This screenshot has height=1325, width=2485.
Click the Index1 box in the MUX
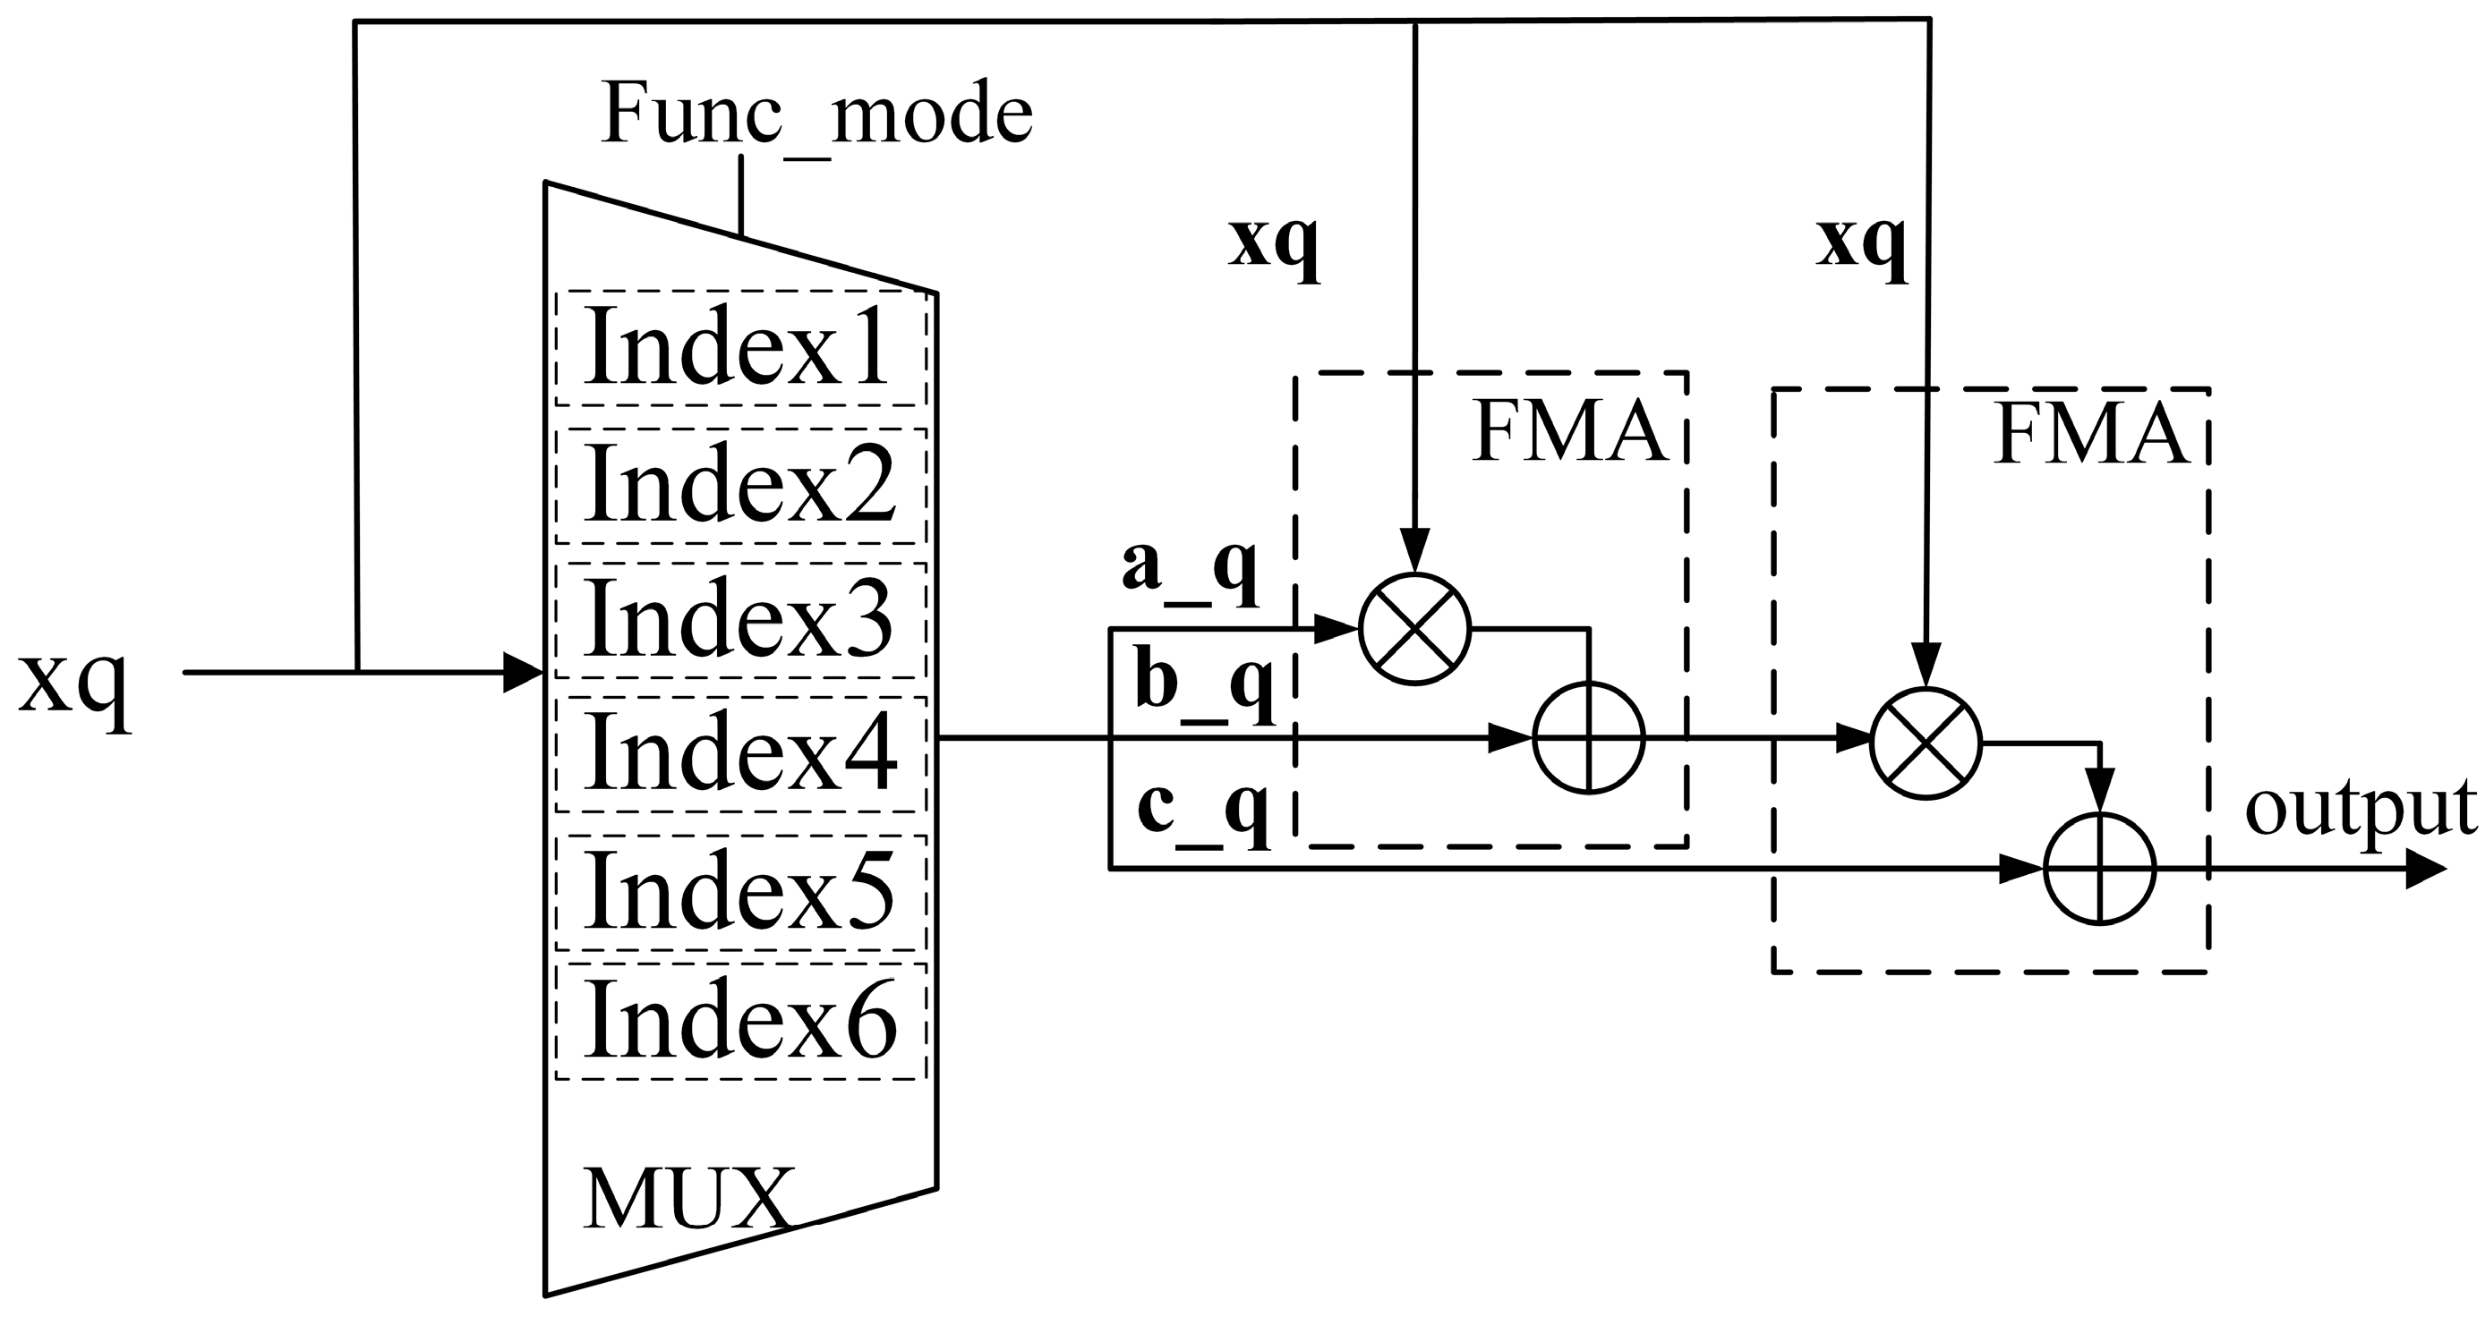740,348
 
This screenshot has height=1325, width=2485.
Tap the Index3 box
740,620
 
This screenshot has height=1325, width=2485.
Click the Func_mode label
816,115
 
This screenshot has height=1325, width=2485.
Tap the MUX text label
687,1199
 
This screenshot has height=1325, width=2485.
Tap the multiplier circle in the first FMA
1414,629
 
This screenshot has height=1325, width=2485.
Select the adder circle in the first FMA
1588,739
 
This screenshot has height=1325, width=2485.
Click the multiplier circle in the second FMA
1926,743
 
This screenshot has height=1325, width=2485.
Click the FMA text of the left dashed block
1568,434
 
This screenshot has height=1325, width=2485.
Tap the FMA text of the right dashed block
2089,436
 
